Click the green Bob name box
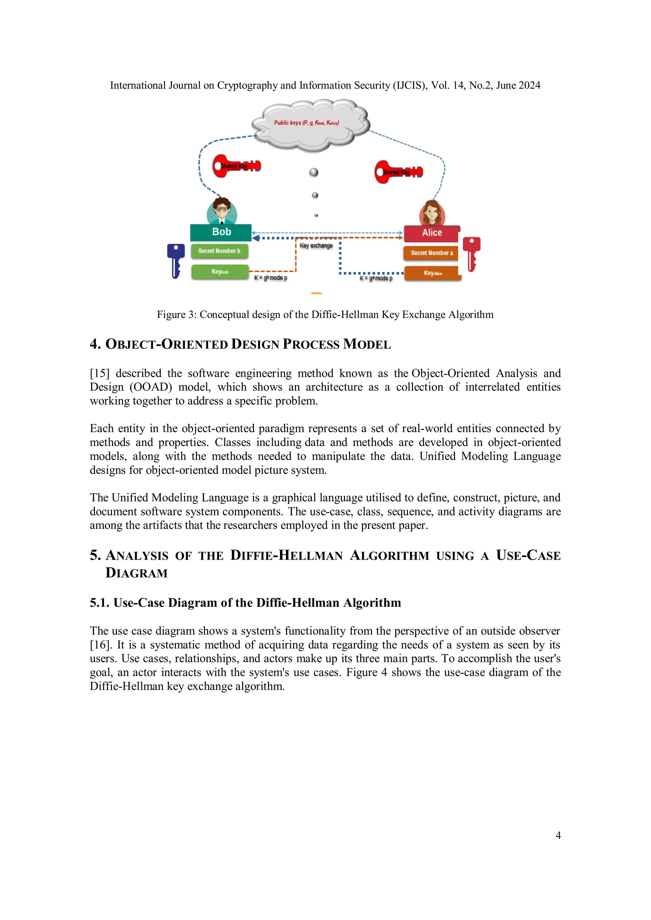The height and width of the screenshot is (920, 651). pos(221,232)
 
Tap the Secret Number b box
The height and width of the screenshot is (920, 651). pos(219,251)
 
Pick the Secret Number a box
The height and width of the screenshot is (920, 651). pos(431,253)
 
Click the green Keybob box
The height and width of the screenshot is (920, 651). pos(220,272)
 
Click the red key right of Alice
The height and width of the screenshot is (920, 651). pos(471,253)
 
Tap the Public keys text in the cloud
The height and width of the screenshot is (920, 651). pos(306,123)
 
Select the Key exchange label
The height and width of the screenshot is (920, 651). pos(316,246)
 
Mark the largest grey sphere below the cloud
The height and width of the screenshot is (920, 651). pos(314,172)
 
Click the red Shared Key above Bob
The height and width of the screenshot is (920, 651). pos(236,166)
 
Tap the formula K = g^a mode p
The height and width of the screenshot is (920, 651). pos(376,278)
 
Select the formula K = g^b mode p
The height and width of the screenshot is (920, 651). pos(271,278)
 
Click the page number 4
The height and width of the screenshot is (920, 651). pos(558,835)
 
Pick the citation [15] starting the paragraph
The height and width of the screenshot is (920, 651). pos(99,374)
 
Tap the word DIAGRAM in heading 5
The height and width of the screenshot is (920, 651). pos(136,573)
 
